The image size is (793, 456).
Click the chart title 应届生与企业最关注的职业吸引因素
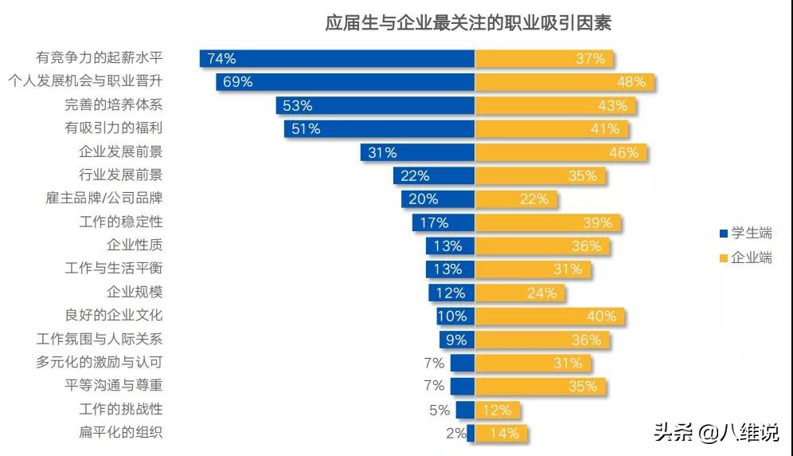pyautogui.click(x=468, y=22)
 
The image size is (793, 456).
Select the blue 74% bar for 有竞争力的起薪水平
pyautogui.click(x=337, y=58)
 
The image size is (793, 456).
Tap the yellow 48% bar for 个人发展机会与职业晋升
pyautogui.click(x=564, y=81)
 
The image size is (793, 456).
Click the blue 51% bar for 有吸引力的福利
pyautogui.click(x=379, y=128)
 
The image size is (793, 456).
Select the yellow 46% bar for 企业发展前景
pyautogui.click(x=561, y=152)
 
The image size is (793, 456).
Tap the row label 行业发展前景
pyautogui.click(x=120, y=175)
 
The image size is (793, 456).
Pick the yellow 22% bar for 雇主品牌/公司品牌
pyautogui.click(x=515, y=199)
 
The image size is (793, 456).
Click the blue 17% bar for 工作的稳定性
pyautogui.click(x=443, y=222)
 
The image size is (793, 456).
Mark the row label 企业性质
pyautogui.click(x=135, y=246)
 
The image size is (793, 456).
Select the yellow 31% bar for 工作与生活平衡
pyautogui.click(x=533, y=269)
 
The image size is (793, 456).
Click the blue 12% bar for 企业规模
pyautogui.click(x=451, y=293)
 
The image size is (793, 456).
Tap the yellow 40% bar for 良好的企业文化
pyautogui.click(x=549, y=316)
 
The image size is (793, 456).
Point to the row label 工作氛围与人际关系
pyautogui.click(x=100, y=340)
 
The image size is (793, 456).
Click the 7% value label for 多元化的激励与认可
pyautogui.click(x=434, y=363)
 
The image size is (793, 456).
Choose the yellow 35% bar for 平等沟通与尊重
pyautogui.click(x=540, y=386)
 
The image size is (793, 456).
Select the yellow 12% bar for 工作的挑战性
pyautogui.click(x=498, y=410)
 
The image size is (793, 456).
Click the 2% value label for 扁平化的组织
pyautogui.click(x=455, y=434)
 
